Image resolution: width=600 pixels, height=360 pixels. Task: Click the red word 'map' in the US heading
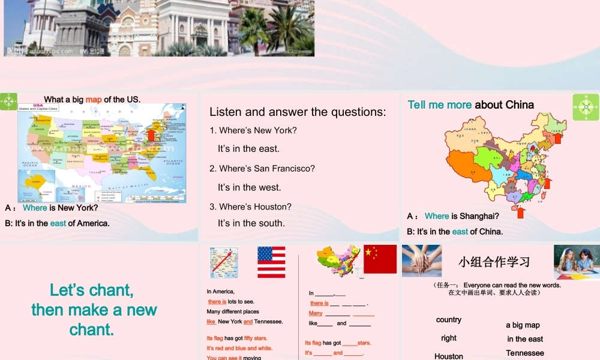tap(94, 100)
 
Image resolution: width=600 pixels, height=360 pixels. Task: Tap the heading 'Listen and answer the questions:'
tap(298, 112)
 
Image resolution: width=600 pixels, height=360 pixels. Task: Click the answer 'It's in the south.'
tap(251, 223)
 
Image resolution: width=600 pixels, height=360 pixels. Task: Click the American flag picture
tap(271, 262)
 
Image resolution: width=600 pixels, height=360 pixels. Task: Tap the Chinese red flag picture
tap(380, 259)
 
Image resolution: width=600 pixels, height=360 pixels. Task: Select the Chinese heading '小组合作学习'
tap(494, 262)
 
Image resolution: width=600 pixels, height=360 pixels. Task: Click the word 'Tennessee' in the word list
tap(525, 353)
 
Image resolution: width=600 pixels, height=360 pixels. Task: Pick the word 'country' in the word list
tap(449, 320)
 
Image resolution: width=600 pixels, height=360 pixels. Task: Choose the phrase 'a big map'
tap(523, 325)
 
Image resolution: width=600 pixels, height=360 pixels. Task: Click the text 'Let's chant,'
tap(92, 290)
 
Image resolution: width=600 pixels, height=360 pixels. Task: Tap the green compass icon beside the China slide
tap(586, 107)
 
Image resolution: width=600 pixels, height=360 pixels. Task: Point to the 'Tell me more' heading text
tap(440, 105)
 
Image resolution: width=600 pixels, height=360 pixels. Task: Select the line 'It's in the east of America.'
tap(58, 223)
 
